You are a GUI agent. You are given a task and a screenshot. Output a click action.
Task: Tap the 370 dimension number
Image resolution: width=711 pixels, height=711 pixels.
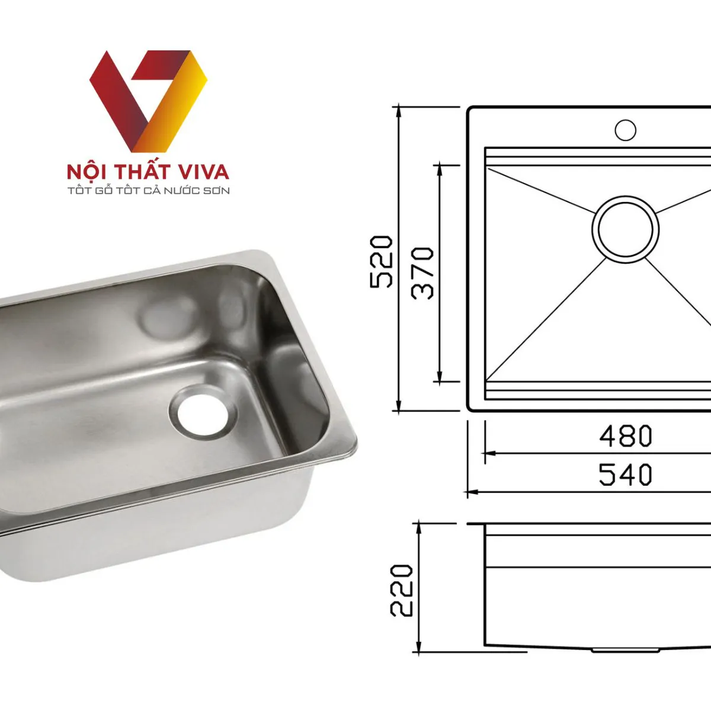click(x=424, y=273)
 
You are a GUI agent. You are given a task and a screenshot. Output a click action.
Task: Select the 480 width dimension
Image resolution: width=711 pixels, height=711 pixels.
click(x=625, y=437)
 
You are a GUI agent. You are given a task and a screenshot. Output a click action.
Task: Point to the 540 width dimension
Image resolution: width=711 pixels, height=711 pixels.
click(x=625, y=475)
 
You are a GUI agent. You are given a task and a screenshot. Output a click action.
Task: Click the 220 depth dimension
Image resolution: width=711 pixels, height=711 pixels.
click(x=402, y=590)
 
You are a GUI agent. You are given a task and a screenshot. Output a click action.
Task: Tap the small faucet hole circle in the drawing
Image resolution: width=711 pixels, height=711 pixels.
click(x=625, y=130)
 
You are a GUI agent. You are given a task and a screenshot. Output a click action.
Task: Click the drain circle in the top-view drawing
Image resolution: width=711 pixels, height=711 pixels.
click(x=625, y=229)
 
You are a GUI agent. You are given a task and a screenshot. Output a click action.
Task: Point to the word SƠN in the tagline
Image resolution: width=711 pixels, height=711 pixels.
click(x=217, y=191)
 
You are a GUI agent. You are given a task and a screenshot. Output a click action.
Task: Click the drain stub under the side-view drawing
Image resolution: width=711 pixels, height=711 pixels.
click(x=625, y=650)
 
